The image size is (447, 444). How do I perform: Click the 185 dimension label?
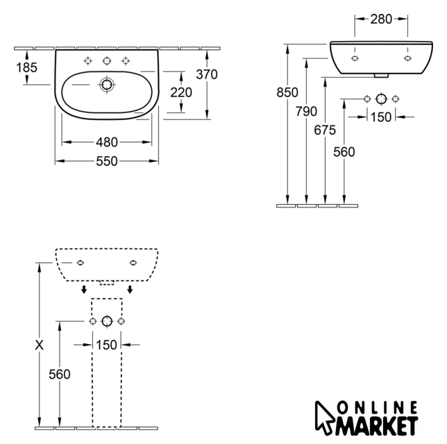point(26,67)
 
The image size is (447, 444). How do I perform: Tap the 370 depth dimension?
point(207,74)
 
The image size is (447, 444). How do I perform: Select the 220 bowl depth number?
point(181,92)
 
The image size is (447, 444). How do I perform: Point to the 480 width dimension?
point(107,142)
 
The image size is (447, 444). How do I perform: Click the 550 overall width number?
point(107,162)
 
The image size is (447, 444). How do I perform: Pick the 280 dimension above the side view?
point(381,19)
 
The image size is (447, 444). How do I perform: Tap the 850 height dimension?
point(287,92)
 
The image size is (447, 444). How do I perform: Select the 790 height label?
point(306,111)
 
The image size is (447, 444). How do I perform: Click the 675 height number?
point(325,130)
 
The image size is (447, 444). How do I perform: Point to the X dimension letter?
point(39,345)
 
